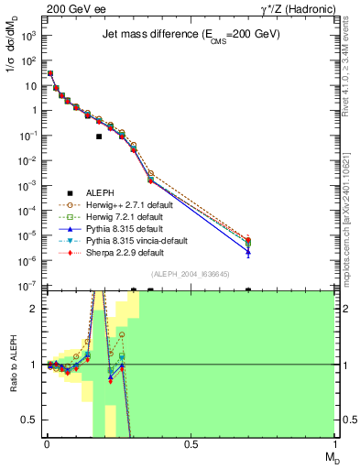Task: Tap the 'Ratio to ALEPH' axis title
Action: [x=11, y=365]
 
